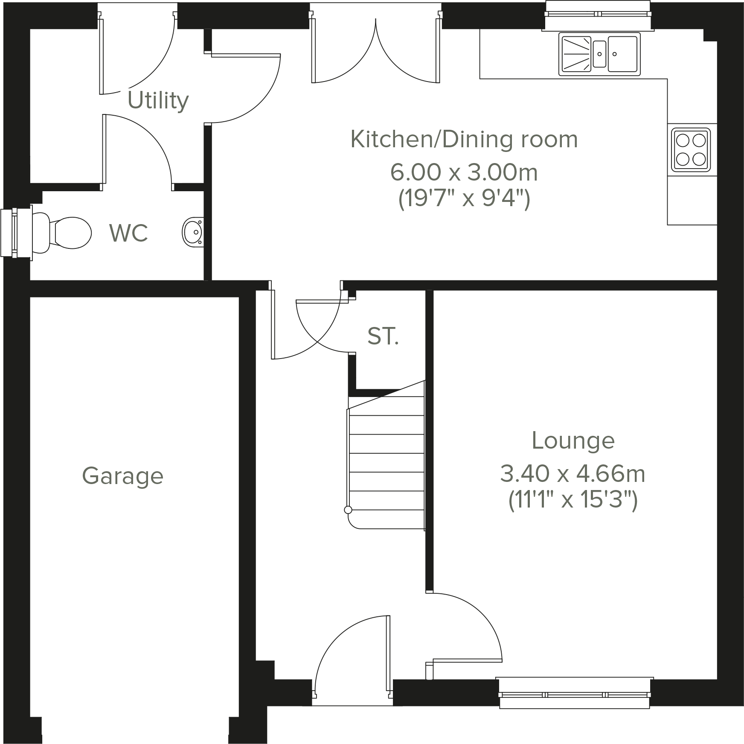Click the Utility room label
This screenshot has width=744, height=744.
158,101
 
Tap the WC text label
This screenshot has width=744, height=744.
128,233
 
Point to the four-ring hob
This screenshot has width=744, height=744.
691,149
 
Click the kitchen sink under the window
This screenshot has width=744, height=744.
599,54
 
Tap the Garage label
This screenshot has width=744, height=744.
123,476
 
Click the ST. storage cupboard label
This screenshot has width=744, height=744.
383,336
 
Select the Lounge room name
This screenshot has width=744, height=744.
573,441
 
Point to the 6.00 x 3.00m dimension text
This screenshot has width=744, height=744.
463,172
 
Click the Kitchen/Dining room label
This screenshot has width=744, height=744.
464,140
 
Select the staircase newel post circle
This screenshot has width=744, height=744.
348,510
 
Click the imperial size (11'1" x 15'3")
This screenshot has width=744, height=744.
573,500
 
